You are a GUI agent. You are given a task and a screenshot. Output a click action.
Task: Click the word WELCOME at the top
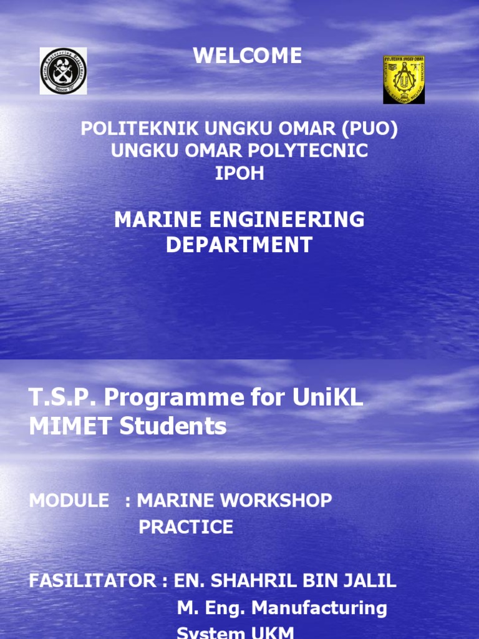(x=248, y=56)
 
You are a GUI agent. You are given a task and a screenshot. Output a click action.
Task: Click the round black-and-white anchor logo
(x=63, y=71)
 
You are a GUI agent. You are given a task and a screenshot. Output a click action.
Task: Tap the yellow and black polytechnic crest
(x=404, y=80)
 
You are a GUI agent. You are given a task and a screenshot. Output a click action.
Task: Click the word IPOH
(x=239, y=173)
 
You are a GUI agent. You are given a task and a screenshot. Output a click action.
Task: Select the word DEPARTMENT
(x=239, y=245)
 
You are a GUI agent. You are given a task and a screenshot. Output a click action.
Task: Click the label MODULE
(x=69, y=500)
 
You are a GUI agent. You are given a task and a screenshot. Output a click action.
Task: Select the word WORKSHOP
(x=276, y=500)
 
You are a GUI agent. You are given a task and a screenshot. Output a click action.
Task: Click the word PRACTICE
(x=186, y=527)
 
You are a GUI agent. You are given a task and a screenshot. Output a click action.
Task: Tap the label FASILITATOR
(x=92, y=581)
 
